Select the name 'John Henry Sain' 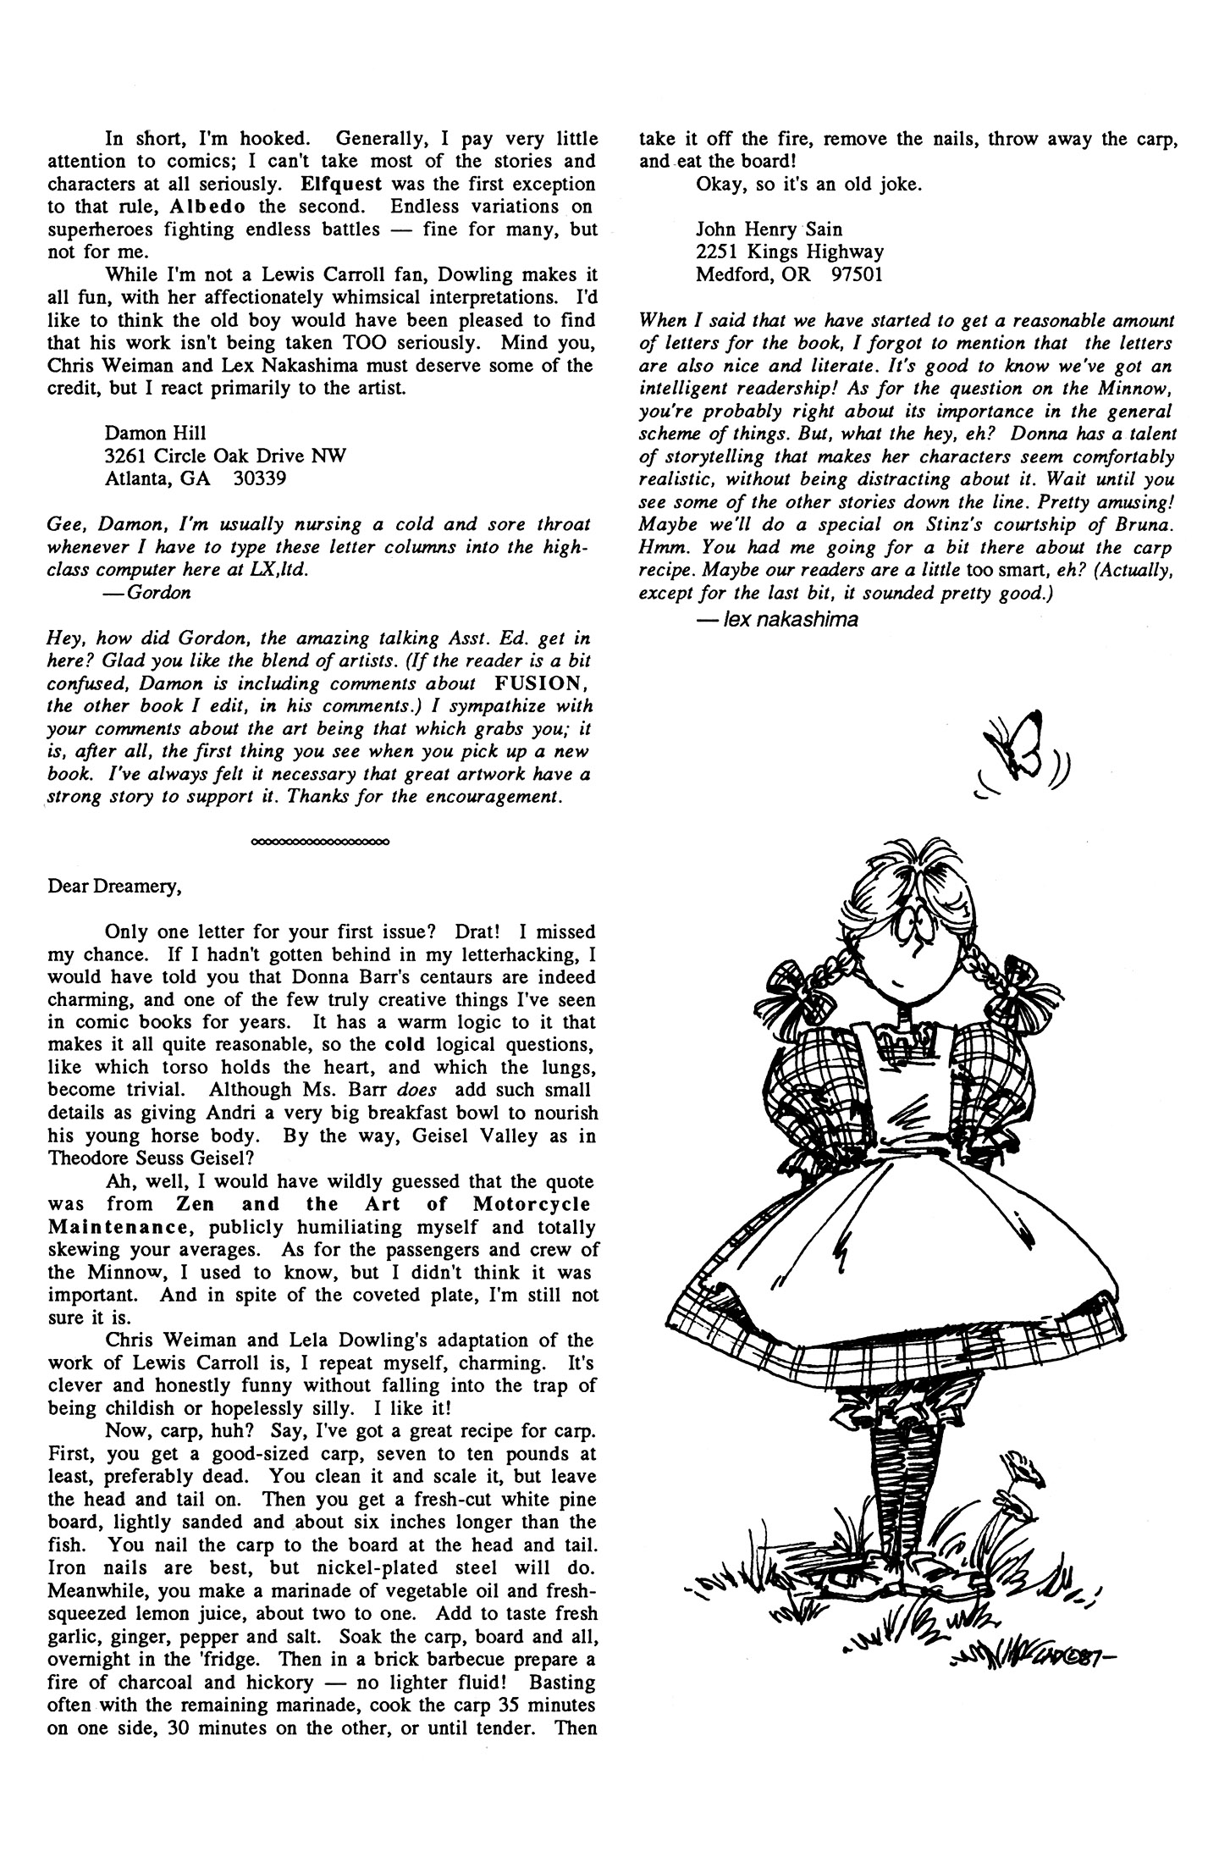pyautogui.click(x=769, y=229)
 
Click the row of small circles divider pyautogui.click(x=320, y=843)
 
